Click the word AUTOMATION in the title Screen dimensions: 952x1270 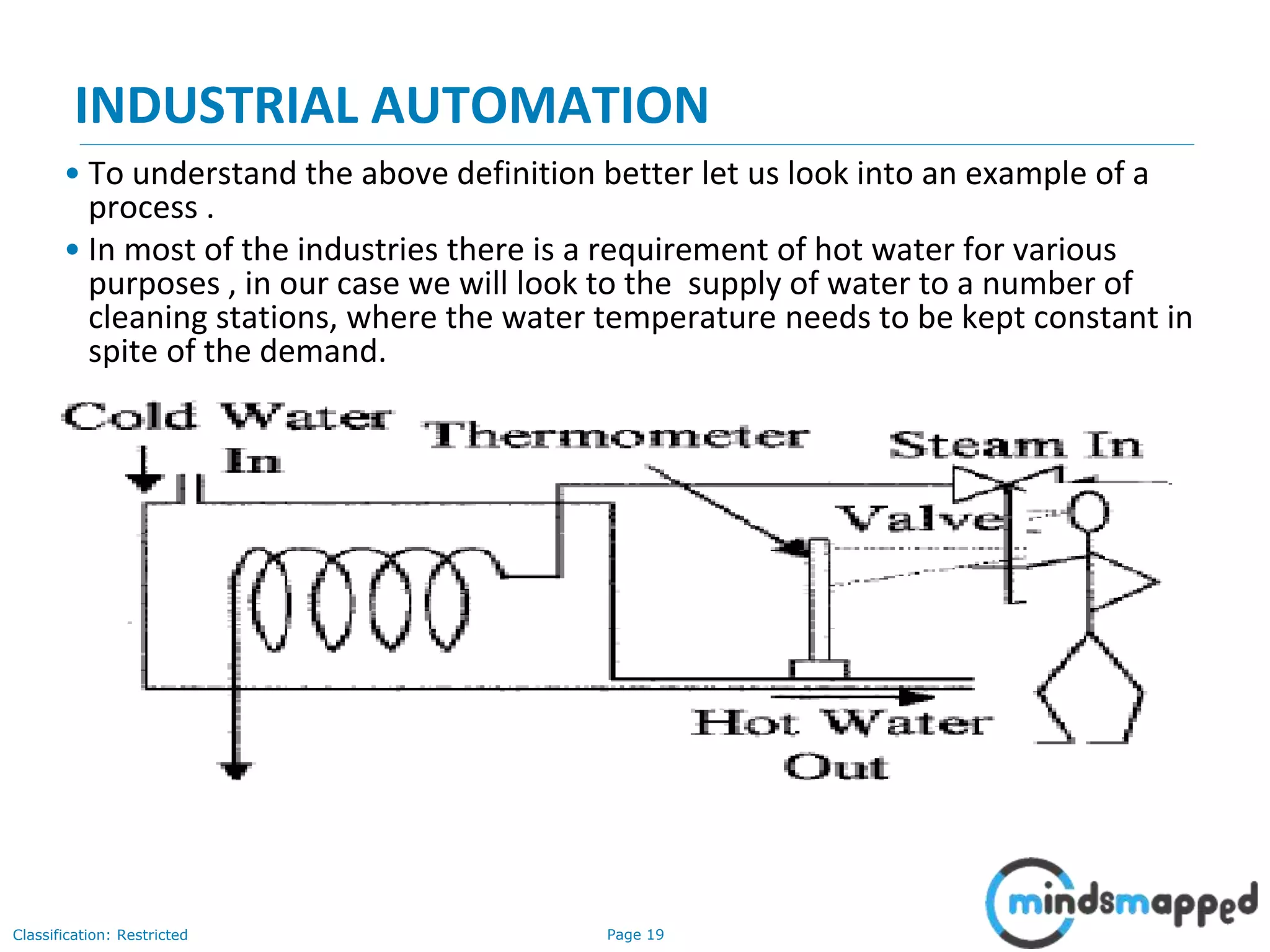click(x=540, y=105)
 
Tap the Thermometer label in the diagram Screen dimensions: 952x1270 click(x=618, y=435)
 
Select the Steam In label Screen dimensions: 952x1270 click(x=1016, y=445)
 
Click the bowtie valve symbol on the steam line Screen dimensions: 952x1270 click(x=1006, y=484)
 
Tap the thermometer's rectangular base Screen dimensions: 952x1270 click(x=819, y=669)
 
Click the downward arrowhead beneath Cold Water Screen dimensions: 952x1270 click(x=144, y=482)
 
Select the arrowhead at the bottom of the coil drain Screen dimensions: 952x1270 click(x=236, y=770)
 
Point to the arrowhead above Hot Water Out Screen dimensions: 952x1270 click(x=917, y=697)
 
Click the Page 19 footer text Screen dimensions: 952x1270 click(x=635, y=935)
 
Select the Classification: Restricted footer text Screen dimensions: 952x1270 click(x=100, y=935)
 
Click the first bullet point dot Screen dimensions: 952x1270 click(x=73, y=173)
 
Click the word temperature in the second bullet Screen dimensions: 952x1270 click(x=685, y=317)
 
